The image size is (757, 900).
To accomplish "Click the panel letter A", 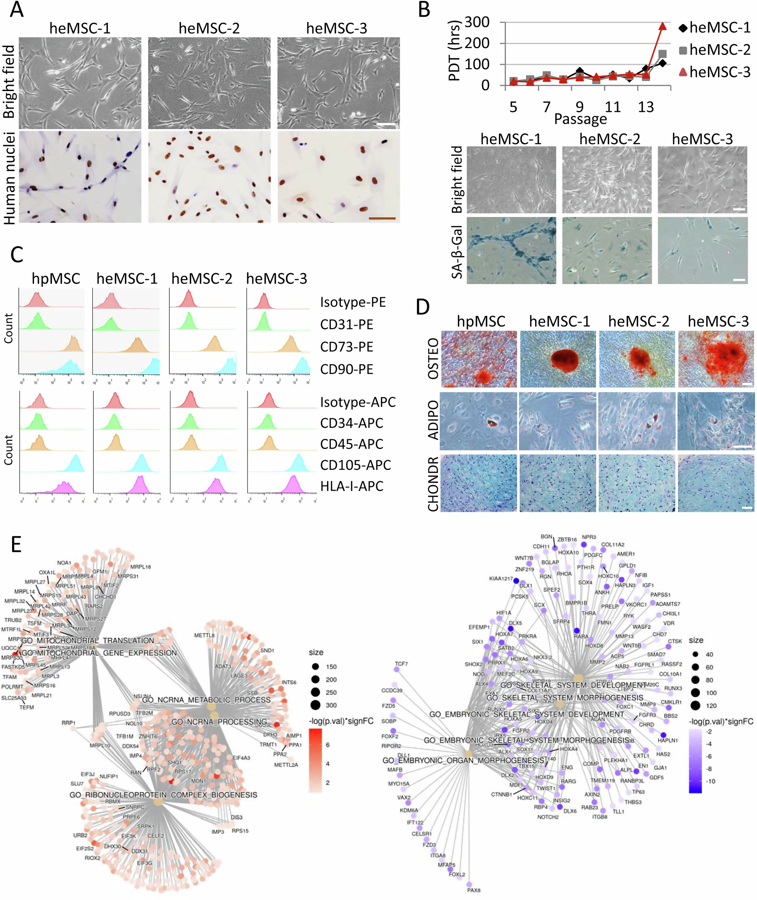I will click(x=16, y=9).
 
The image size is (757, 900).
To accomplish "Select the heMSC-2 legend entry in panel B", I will click(x=714, y=50).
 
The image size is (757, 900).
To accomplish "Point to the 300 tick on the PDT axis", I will click(x=477, y=22).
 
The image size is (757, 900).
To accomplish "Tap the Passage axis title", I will click(x=580, y=119).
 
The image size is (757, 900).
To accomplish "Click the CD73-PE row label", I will click(x=346, y=347).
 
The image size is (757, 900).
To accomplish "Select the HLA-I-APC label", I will click(x=352, y=486).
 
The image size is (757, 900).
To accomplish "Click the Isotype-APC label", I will click(x=357, y=402).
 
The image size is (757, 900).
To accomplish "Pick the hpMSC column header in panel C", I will click(x=56, y=278).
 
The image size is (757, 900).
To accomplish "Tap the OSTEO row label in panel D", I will click(x=433, y=358).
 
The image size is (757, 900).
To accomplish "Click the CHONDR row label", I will click(x=433, y=483).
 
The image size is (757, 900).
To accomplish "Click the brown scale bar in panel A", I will click(x=382, y=218).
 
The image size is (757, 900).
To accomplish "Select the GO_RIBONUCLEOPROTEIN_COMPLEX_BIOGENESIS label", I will click(x=163, y=795).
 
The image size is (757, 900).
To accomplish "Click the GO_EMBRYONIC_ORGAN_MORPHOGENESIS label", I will click(x=463, y=760).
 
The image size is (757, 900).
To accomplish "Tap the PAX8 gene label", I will click(x=474, y=890).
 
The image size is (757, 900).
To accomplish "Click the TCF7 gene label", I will click(x=401, y=664).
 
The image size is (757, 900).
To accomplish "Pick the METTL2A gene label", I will click(x=286, y=765).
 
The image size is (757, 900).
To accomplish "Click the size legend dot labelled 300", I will click(x=315, y=705).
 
